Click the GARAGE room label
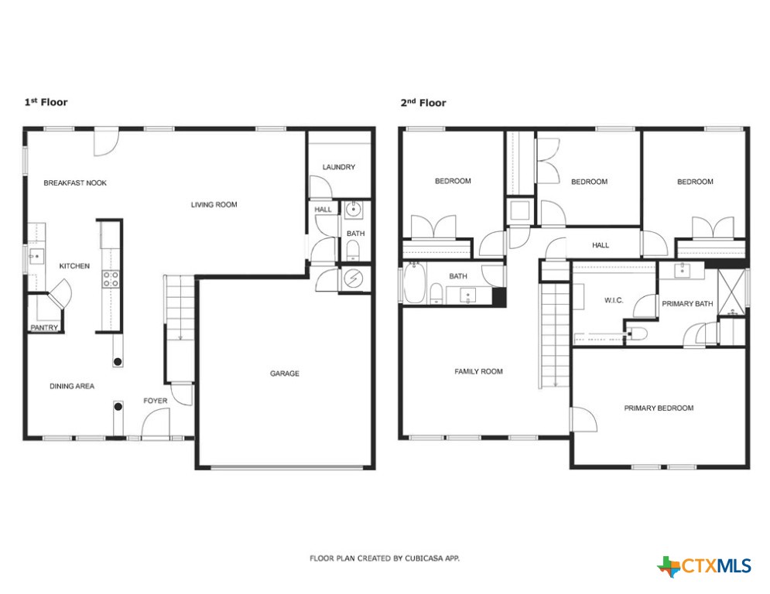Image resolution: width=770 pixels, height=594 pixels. tap(284, 374)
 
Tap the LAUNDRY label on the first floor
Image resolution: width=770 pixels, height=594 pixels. tap(338, 167)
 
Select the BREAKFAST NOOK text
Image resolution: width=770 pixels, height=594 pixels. tap(75, 183)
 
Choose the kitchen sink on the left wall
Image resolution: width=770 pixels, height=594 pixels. tap(34, 255)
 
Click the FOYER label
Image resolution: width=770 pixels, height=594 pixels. tap(155, 401)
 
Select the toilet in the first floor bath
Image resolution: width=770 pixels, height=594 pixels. tap(353, 249)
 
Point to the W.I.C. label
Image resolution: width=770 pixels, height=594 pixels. tap(613, 301)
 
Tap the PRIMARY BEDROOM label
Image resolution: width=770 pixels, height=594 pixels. tap(659, 408)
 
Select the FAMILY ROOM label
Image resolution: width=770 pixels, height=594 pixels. tap(478, 371)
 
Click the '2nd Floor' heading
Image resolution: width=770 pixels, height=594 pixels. tap(423, 102)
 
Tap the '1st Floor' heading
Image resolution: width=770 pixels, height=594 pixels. tap(46, 102)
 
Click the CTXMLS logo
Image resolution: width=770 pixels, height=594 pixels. tap(704, 566)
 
